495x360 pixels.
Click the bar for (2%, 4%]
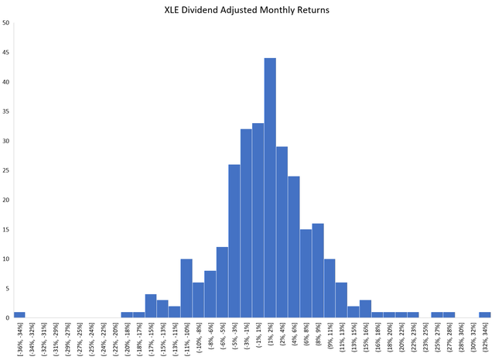click(282, 232)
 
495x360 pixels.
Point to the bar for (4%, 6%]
click(294, 247)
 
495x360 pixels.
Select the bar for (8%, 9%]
click(318, 271)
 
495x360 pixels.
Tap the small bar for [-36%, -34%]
click(19, 315)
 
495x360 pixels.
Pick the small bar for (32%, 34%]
click(485, 315)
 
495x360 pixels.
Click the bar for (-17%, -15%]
click(151, 307)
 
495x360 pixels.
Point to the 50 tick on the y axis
click(6, 23)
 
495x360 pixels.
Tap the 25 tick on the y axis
click(6, 170)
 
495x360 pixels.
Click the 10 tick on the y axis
click(6, 259)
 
